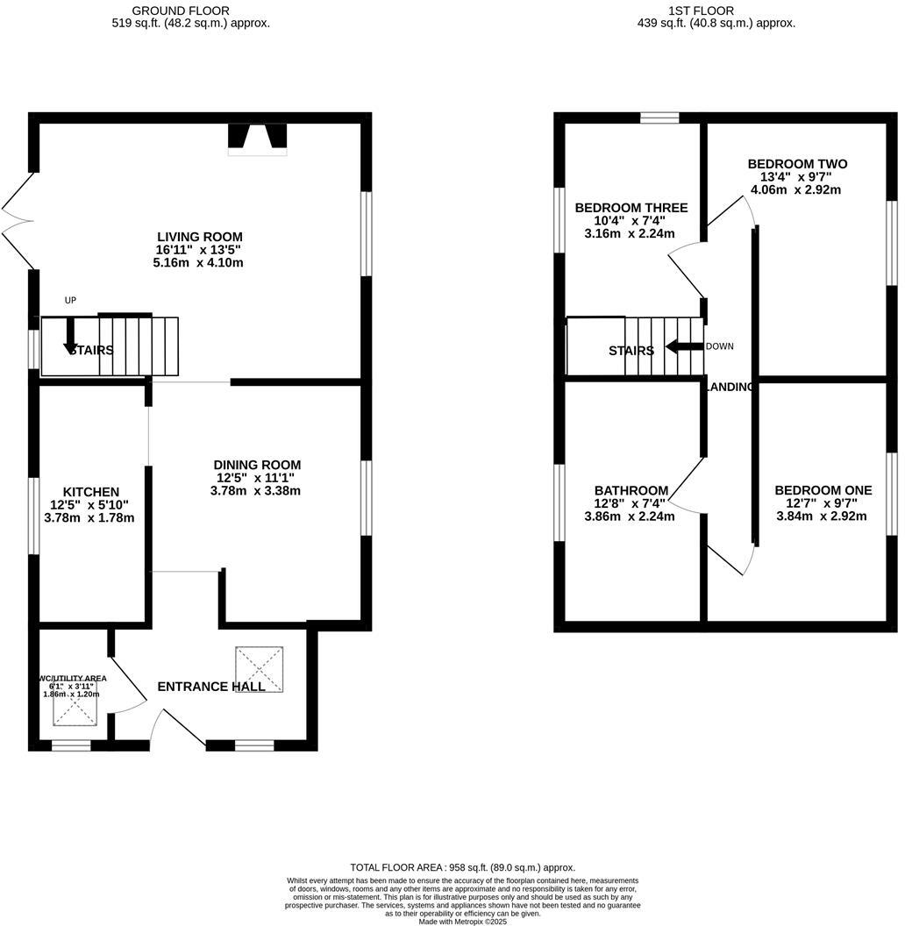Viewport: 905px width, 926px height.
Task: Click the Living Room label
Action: [x=199, y=237]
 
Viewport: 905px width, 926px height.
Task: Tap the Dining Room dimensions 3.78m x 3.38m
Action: [x=255, y=491]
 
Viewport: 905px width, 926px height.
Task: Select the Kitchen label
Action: [x=90, y=492]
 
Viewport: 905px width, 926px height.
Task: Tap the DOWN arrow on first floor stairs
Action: [x=684, y=346]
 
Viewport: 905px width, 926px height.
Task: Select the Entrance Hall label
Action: [x=210, y=687]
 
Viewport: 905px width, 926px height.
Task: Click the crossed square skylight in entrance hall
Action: [x=260, y=669]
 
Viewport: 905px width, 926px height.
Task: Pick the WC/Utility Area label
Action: [x=72, y=678]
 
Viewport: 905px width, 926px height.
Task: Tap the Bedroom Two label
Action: [x=797, y=164]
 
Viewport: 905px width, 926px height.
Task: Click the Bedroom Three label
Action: [x=631, y=208]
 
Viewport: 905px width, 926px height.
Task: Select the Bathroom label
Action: [x=631, y=490]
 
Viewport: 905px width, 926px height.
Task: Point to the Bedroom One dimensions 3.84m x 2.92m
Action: [x=821, y=516]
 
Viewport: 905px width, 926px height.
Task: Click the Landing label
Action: [x=730, y=387]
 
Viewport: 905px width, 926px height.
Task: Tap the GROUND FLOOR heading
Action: [x=181, y=11]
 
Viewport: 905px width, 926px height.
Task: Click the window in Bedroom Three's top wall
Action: [x=659, y=118]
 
